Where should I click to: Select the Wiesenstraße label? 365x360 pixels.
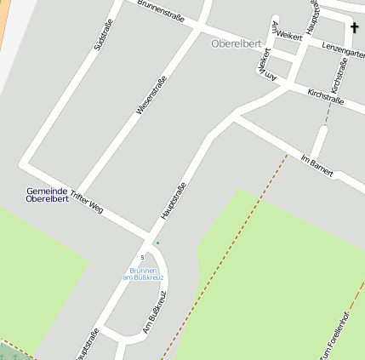tap(151, 95)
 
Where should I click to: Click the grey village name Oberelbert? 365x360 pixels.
tap(235, 43)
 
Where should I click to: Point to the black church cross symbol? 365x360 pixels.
tap(354, 28)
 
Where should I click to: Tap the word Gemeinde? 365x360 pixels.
tap(47, 191)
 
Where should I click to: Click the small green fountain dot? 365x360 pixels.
tap(157, 243)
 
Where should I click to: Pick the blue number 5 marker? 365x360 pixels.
tap(142, 258)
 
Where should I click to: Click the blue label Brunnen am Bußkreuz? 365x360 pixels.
tap(142, 273)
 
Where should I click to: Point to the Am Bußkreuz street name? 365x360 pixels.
tap(157, 311)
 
